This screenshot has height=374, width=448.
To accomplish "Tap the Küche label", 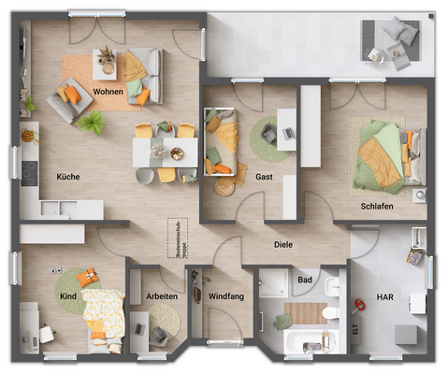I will (67, 176).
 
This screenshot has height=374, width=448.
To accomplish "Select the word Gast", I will (264, 176).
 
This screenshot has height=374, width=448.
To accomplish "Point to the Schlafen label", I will (376, 206).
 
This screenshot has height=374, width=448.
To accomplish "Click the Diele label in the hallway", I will (283, 247).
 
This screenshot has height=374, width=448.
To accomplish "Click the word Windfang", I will (224, 296).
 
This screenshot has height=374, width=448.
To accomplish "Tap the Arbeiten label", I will (161, 296).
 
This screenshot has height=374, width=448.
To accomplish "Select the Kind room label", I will (67, 296).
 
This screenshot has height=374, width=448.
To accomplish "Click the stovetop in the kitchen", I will (28, 172).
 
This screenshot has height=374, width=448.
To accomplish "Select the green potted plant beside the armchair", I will (92, 122).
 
